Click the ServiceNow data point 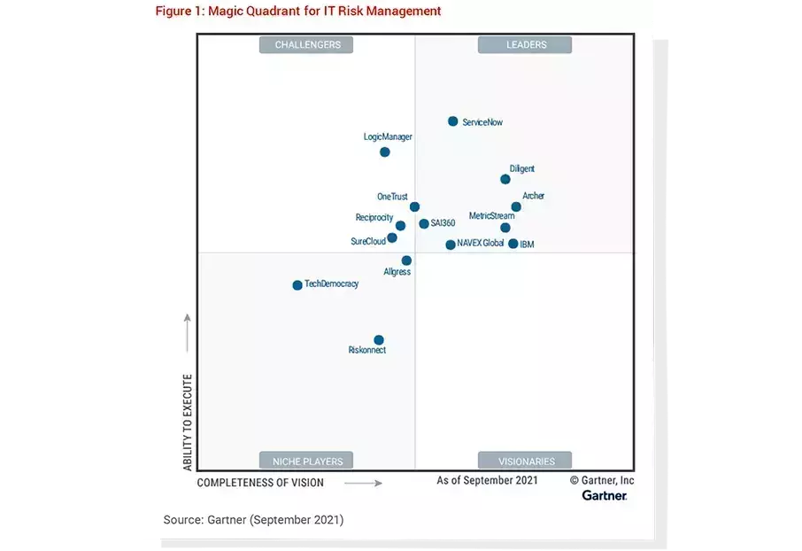point(453,121)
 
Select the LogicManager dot point(385,152)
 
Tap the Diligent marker point(505,179)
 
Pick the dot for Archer point(516,207)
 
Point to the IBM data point point(513,244)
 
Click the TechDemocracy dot point(297,285)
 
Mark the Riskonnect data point point(379,340)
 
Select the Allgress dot point(406,260)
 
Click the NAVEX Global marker point(451,244)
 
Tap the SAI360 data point point(424,224)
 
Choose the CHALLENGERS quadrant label point(306,44)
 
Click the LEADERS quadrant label point(525,44)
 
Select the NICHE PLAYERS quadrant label point(306,461)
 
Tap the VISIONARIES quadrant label point(525,461)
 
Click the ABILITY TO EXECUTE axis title point(188,421)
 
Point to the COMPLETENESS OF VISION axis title point(260,483)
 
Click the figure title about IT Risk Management point(298,12)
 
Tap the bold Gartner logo point(605,496)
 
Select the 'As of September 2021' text point(487,480)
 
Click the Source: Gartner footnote point(253,519)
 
